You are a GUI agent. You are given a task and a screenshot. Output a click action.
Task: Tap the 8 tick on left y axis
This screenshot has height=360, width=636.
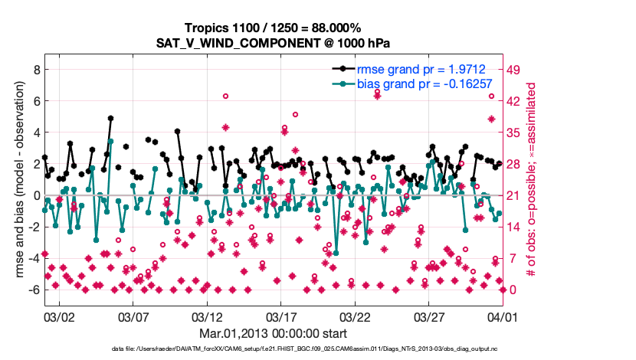35,69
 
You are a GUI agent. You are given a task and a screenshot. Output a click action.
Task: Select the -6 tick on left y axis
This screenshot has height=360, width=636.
33,290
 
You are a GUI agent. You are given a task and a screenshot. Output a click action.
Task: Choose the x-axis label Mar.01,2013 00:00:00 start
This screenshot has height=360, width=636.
274,334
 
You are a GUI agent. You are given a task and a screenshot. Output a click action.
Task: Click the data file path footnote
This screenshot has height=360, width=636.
274,349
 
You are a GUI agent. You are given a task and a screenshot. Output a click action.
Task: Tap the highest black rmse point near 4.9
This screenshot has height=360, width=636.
110,119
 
